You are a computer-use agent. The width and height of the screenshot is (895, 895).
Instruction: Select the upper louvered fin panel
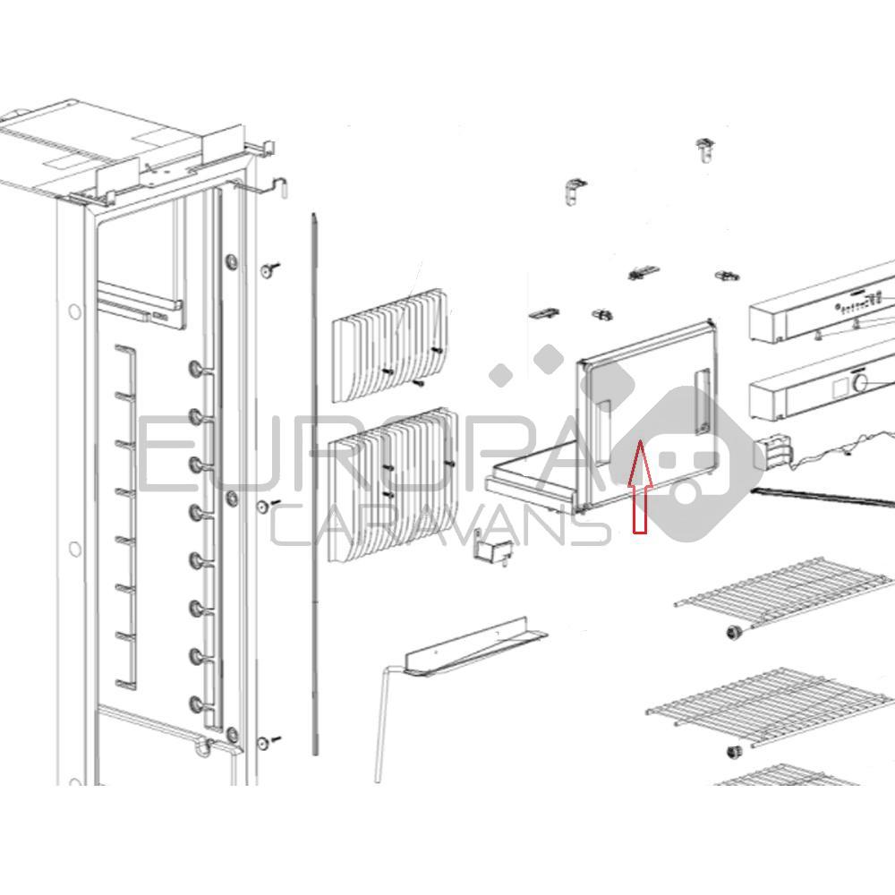point(390,345)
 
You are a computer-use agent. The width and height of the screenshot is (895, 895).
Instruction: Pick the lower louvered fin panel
point(393,484)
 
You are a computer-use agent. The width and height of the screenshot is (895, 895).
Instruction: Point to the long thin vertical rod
point(314,484)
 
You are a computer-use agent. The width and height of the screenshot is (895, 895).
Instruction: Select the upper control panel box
point(822,306)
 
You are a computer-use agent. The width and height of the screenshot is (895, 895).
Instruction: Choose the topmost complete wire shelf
point(784,593)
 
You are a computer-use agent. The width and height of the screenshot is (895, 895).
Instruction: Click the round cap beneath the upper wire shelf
point(731,632)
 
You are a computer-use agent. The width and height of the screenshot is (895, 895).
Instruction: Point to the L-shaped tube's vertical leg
point(381,724)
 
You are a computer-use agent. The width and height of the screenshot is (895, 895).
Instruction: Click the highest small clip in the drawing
point(706,149)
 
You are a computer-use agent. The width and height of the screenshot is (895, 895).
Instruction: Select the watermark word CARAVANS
point(439,525)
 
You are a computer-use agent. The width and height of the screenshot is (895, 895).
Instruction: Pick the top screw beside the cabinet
point(269,268)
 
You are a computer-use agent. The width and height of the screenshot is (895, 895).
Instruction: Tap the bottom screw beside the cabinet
point(268,742)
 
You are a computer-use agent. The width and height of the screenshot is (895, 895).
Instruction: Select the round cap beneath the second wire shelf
point(733,752)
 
